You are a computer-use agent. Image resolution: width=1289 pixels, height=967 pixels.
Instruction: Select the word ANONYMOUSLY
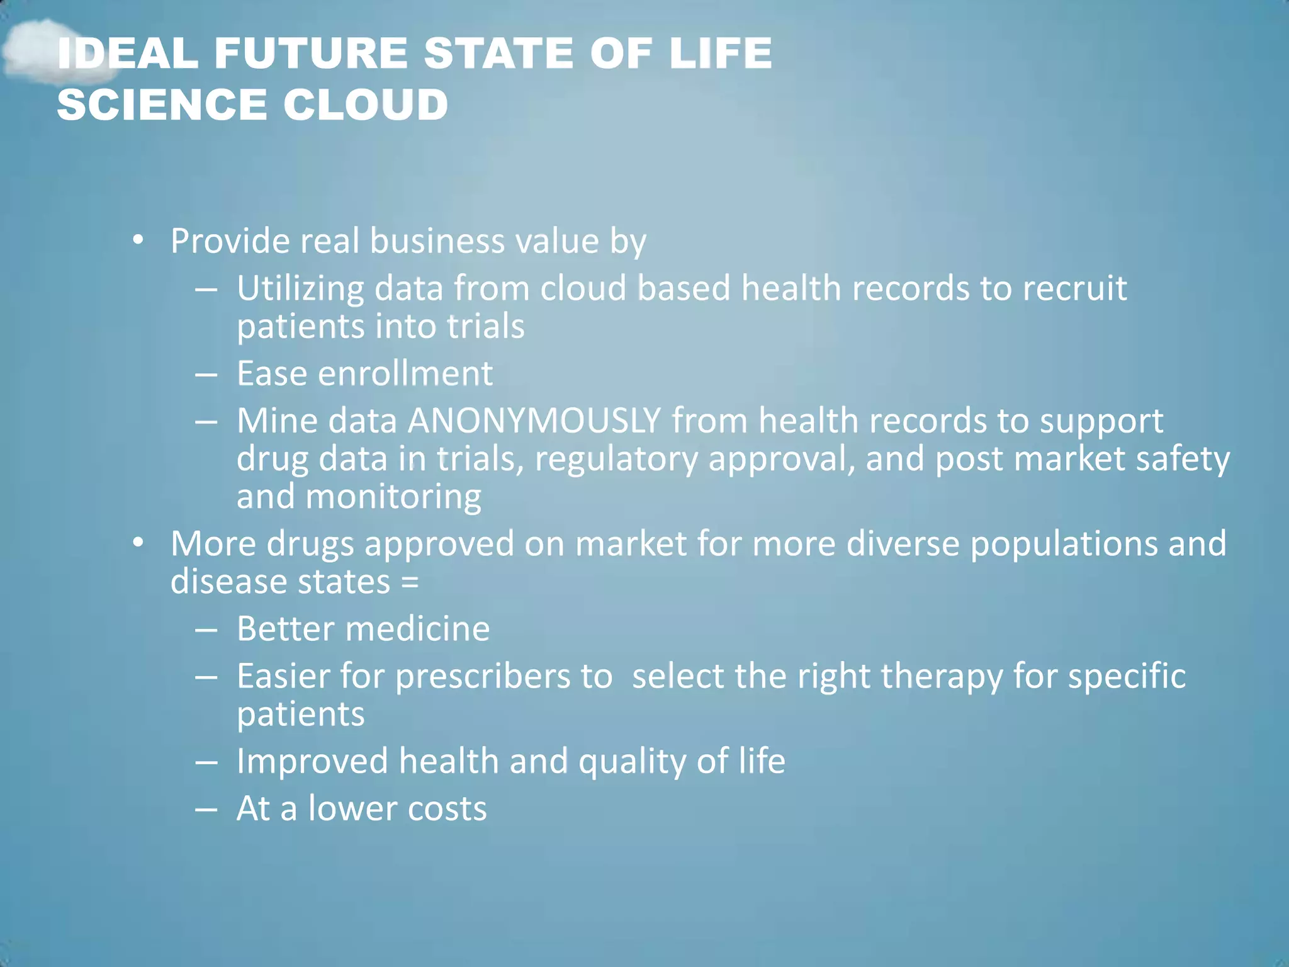[534, 421]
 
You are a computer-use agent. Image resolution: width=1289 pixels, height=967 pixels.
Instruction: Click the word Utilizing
[300, 288]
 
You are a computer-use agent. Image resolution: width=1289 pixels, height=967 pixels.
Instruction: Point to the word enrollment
[405, 373]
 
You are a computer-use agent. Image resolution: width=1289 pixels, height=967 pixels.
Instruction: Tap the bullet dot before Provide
[138, 240]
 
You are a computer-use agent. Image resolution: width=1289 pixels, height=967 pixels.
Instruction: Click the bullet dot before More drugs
[138, 543]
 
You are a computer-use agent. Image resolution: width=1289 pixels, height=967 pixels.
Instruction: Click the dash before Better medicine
[206, 629]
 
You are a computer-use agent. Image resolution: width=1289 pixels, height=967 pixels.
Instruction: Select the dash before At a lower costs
[206, 808]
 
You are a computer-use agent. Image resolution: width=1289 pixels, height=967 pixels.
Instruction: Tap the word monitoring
[393, 497]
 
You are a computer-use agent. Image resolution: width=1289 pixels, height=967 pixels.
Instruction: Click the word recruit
[1074, 288]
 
